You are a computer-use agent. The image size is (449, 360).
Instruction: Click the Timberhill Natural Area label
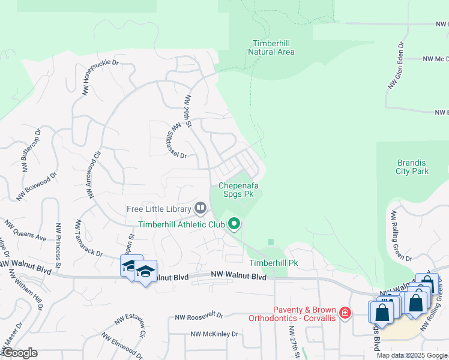tap(271, 47)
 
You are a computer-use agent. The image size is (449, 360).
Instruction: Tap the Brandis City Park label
tap(412, 167)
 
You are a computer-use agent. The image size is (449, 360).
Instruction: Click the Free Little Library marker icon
tap(200, 209)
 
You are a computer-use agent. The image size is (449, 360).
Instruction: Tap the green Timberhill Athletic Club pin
tap(234, 224)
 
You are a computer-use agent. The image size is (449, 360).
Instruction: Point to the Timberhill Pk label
tap(273, 263)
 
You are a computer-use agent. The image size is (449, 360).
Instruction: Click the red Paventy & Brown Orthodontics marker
tap(345, 313)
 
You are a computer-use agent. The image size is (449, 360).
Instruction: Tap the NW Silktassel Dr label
tap(179, 139)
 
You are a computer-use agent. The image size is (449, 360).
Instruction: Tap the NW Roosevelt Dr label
tap(199, 316)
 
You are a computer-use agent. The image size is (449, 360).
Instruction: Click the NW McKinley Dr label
tap(214, 334)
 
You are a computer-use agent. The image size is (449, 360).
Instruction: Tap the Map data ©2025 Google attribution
tap(412, 355)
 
